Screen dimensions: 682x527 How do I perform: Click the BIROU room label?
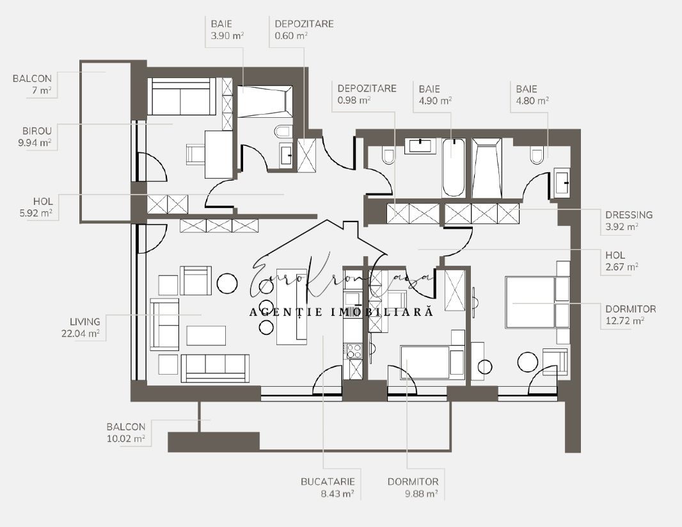click(37, 131)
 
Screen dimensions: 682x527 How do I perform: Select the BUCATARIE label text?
click(328, 482)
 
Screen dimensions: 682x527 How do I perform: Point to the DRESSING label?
click(629, 215)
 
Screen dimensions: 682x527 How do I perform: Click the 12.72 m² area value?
click(624, 321)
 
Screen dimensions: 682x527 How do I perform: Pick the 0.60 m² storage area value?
click(291, 36)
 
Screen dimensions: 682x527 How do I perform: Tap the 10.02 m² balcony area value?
click(125, 439)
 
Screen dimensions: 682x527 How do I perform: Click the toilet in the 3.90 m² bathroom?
click(283, 131)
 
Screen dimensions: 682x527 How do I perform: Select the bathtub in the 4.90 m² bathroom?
click(453, 168)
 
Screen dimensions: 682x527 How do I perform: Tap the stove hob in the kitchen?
click(354, 351)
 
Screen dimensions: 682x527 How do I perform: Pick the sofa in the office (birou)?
click(181, 97)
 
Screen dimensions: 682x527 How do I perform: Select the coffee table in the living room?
click(206, 336)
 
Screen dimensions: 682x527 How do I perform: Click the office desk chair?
click(196, 154)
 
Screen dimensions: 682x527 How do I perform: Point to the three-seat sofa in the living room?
click(216, 368)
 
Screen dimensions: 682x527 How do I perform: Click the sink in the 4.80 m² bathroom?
click(562, 183)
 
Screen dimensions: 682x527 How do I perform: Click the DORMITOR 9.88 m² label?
click(413, 487)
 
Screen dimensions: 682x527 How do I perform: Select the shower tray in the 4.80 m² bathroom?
click(487, 168)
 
